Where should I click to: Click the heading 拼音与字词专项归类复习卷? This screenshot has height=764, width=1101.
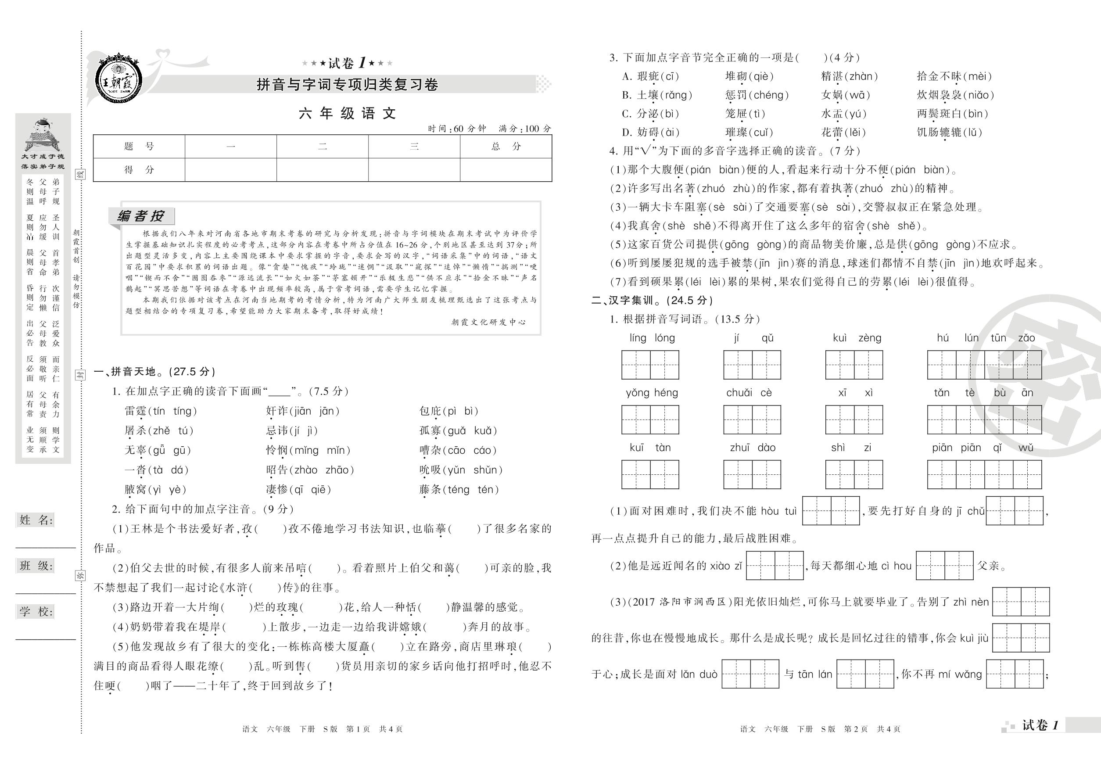click(x=347, y=85)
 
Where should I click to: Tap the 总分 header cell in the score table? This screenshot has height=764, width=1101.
click(x=506, y=147)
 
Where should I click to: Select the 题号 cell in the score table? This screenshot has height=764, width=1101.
click(x=139, y=147)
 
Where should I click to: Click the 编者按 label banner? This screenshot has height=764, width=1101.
click(x=141, y=216)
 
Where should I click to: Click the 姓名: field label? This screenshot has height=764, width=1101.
click(x=36, y=520)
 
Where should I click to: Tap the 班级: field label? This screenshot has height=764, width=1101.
click(x=36, y=566)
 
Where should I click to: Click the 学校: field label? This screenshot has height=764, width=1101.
click(x=36, y=611)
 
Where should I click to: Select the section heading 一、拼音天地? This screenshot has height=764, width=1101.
click(x=154, y=372)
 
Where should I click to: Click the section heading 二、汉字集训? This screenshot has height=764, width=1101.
click(x=652, y=300)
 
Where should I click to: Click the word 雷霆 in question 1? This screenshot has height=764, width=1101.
click(x=135, y=411)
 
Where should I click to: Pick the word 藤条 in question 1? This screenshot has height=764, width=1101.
click(x=430, y=489)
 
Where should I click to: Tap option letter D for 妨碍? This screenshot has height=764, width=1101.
click(x=627, y=133)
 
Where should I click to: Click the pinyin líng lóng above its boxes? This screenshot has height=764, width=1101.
click(x=652, y=338)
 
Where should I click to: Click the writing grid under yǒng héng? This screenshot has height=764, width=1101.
click(x=650, y=420)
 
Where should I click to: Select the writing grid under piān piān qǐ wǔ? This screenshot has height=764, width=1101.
click(x=984, y=474)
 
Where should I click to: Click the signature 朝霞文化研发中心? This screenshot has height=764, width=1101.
click(x=488, y=322)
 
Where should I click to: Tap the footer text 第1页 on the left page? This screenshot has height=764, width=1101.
click(x=358, y=729)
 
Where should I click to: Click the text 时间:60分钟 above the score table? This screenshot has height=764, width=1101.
click(x=457, y=128)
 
